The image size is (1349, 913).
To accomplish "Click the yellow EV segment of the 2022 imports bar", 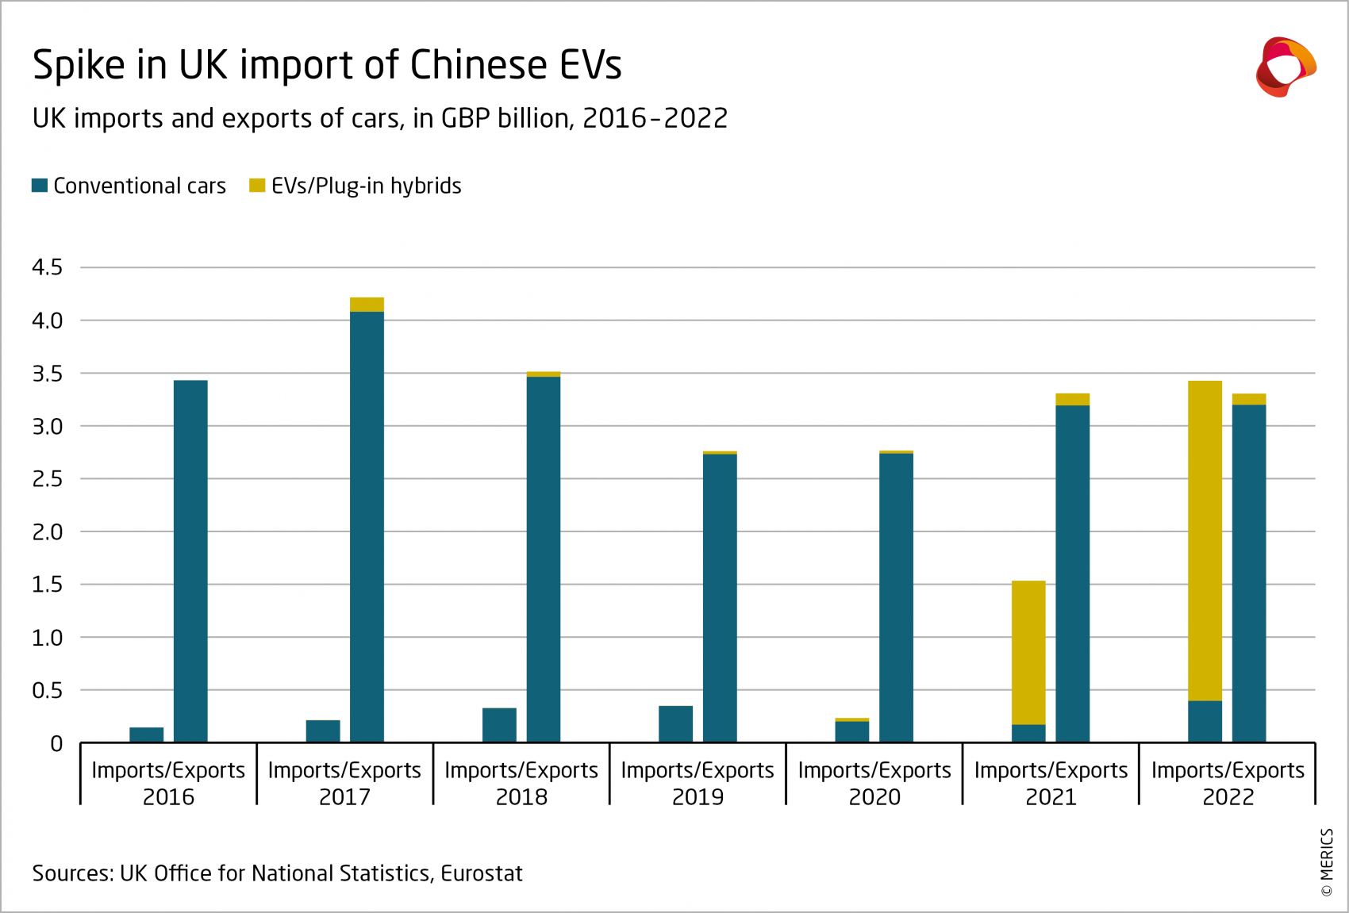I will pyautogui.click(x=1205, y=539).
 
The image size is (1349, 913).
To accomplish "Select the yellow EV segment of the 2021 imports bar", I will pyautogui.click(x=1028, y=652).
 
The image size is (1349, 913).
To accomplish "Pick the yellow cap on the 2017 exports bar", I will pyautogui.click(x=367, y=305).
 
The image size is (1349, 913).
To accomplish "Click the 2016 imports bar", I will pyautogui.click(x=147, y=735).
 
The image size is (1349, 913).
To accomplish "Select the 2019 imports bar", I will pyautogui.click(x=675, y=724).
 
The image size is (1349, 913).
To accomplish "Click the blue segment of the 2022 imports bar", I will pyautogui.click(x=1205, y=722).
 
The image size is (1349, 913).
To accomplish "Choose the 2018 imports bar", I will pyautogui.click(x=499, y=726).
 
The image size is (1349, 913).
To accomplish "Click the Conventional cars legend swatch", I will pyautogui.click(x=40, y=186).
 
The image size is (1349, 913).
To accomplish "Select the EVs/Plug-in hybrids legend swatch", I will pyautogui.click(x=257, y=186).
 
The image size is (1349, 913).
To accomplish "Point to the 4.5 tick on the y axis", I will pyautogui.click(x=47, y=267).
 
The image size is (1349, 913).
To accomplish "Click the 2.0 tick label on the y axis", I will pyautogui.click(x=47, y=532).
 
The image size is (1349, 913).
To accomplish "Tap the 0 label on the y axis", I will pyautogui.click(x=56, y=744).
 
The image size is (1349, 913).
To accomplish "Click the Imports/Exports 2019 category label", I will pyautogui.click(x=698, y=782).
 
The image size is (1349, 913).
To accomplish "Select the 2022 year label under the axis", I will pyautogui.click(x=1228, y=797).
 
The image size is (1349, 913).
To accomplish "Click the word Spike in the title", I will pyautogui.click(x=79, y=65).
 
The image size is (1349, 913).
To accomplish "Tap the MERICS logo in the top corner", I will pyautogui.click(x=1286, y=67).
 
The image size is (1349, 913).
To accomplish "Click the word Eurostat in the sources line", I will pyautogui.click(x=482, y=873).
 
